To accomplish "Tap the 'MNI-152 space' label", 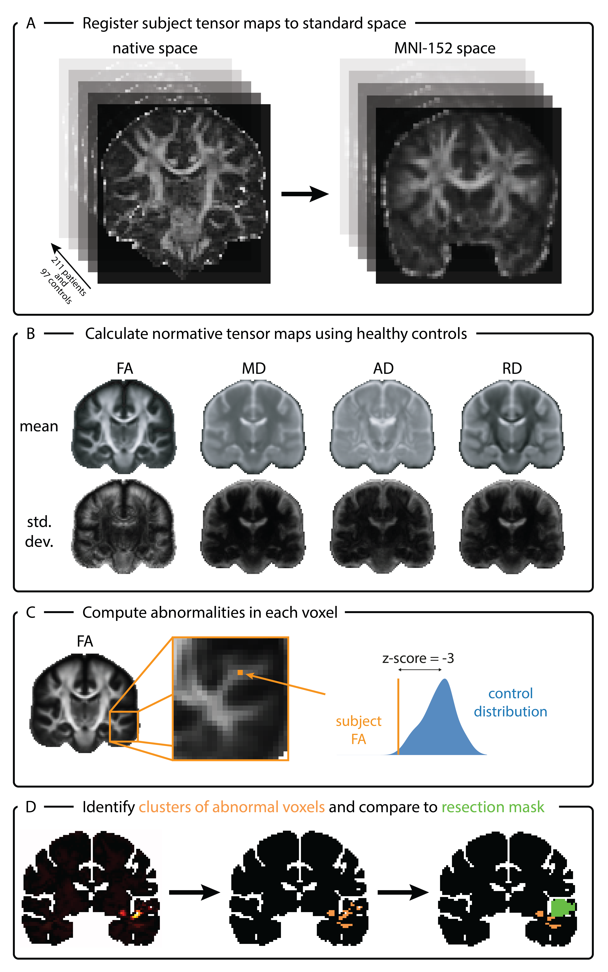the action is point(445,48).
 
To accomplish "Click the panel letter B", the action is point(31,334).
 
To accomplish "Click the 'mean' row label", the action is point(39,426).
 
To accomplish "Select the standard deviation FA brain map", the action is point(124,526).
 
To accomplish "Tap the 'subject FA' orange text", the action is point(359,730).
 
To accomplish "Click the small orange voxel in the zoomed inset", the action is point(240,672).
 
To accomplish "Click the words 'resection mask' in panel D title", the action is point(493,807).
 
